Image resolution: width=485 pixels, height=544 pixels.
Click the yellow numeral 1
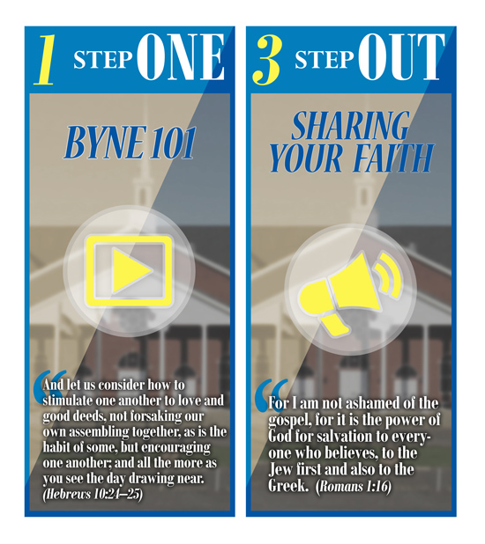click(x=46, y=60)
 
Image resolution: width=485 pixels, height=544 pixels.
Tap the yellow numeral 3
click(x=266, y=60)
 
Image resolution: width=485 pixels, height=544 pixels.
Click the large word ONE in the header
click(x=181, y=57)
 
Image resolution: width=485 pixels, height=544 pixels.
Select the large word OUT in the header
click(x=401, y=57)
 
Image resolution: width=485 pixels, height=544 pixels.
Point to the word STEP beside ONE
click(x=103, y=60)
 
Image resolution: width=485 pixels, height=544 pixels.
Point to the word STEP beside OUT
click(x=325, y=60)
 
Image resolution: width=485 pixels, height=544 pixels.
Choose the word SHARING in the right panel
click(x=350, y=126)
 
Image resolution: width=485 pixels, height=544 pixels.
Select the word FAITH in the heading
click(x=394, y=158)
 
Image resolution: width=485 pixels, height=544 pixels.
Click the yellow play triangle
click(x=131, y=271)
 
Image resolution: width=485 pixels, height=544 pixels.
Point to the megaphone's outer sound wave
click(x=393, y=274)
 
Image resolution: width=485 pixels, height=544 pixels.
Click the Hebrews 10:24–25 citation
click(x=93, y=494)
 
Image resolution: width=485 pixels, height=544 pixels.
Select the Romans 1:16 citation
click(x=354, y=486)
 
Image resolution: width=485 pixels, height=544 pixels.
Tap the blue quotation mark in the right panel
click(x=272, y=395)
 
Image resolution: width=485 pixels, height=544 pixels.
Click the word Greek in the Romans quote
click(x=288, y=486)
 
